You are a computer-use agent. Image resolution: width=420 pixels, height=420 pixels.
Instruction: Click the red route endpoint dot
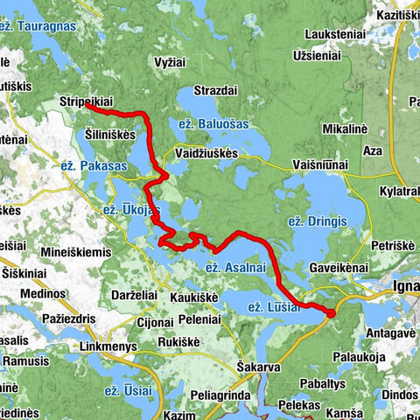click(x=331, y=312)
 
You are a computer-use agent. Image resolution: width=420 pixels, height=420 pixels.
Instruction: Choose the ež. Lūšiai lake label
click(x=274, y=307)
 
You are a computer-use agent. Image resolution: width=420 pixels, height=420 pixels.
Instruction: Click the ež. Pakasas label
click(x=94, y=164)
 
